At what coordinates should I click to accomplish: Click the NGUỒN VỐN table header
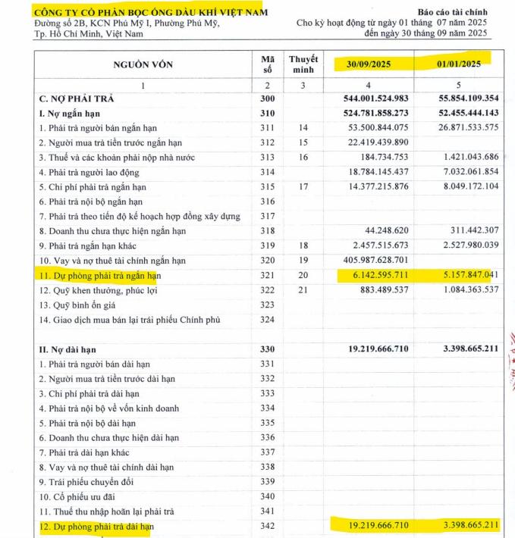142,64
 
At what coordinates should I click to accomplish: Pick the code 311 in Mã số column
265,128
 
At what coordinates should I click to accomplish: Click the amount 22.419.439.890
371,143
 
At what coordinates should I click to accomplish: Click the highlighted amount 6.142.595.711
371,276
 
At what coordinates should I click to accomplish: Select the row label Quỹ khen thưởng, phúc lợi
95,290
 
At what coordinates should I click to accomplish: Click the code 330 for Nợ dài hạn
265,349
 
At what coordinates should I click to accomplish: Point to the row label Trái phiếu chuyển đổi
83,482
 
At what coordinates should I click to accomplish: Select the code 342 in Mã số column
265,526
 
